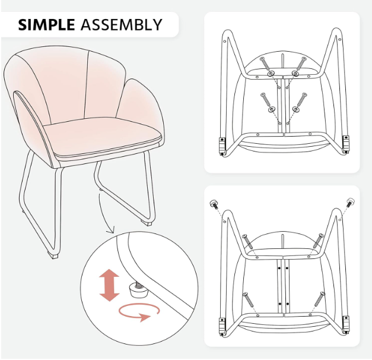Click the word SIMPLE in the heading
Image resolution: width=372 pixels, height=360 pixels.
46,24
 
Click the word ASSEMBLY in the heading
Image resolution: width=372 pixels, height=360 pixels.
121,24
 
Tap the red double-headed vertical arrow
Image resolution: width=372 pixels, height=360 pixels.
109,285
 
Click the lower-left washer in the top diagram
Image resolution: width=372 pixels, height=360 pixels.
271,109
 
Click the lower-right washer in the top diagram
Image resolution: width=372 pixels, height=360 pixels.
295,109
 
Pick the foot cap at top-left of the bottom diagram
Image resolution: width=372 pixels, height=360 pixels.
214,204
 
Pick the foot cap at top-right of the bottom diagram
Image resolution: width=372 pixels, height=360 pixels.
350,202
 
